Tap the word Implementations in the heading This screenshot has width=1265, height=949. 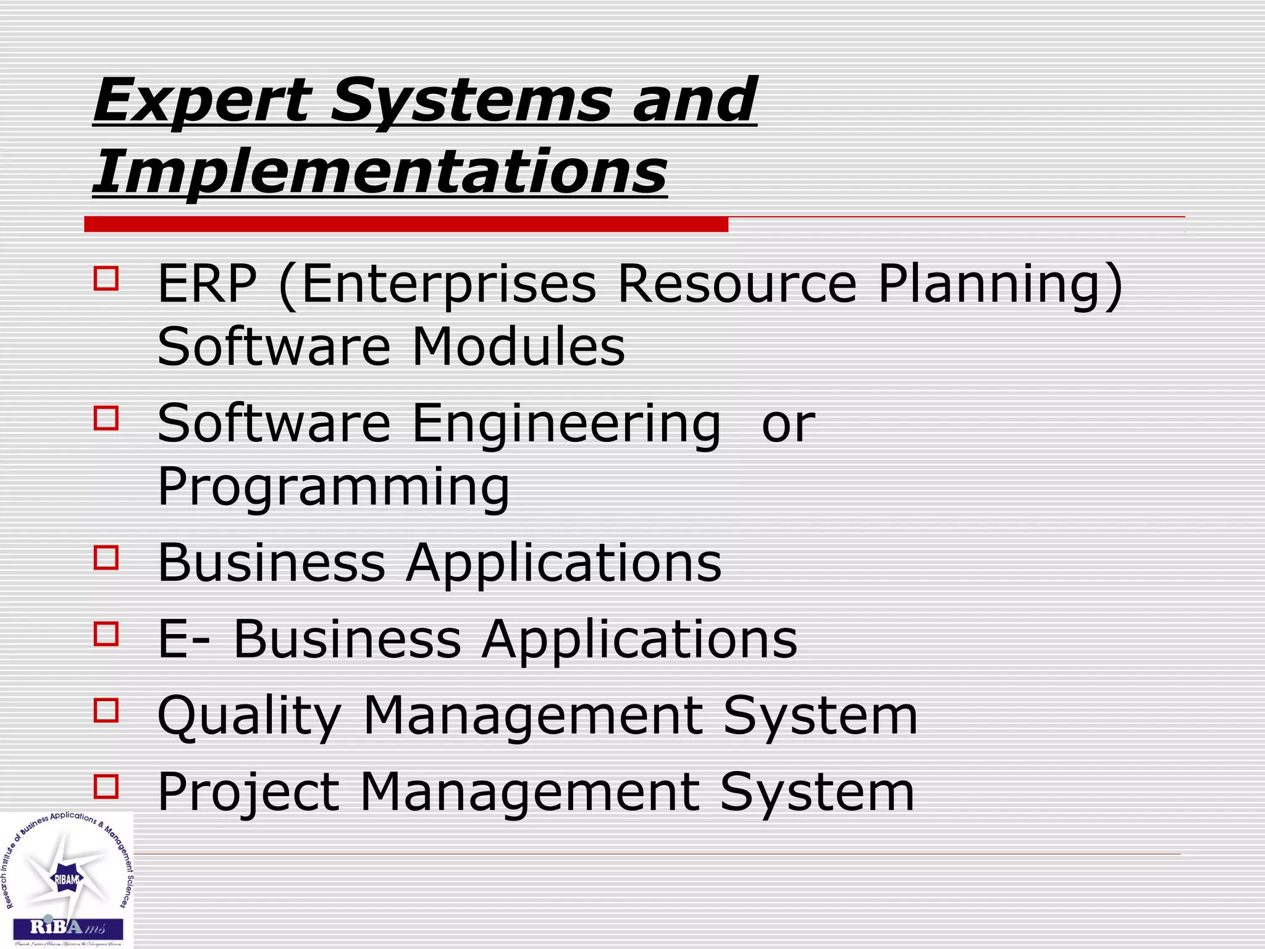379,171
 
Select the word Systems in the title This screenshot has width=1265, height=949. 470,100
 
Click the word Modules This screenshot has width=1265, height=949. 518,347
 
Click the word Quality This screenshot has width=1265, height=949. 250,716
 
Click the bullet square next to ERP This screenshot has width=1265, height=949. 106,278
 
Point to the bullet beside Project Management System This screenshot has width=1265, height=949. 106,787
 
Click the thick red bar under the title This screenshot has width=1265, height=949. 406,224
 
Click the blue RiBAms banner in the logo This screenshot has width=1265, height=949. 68,928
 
